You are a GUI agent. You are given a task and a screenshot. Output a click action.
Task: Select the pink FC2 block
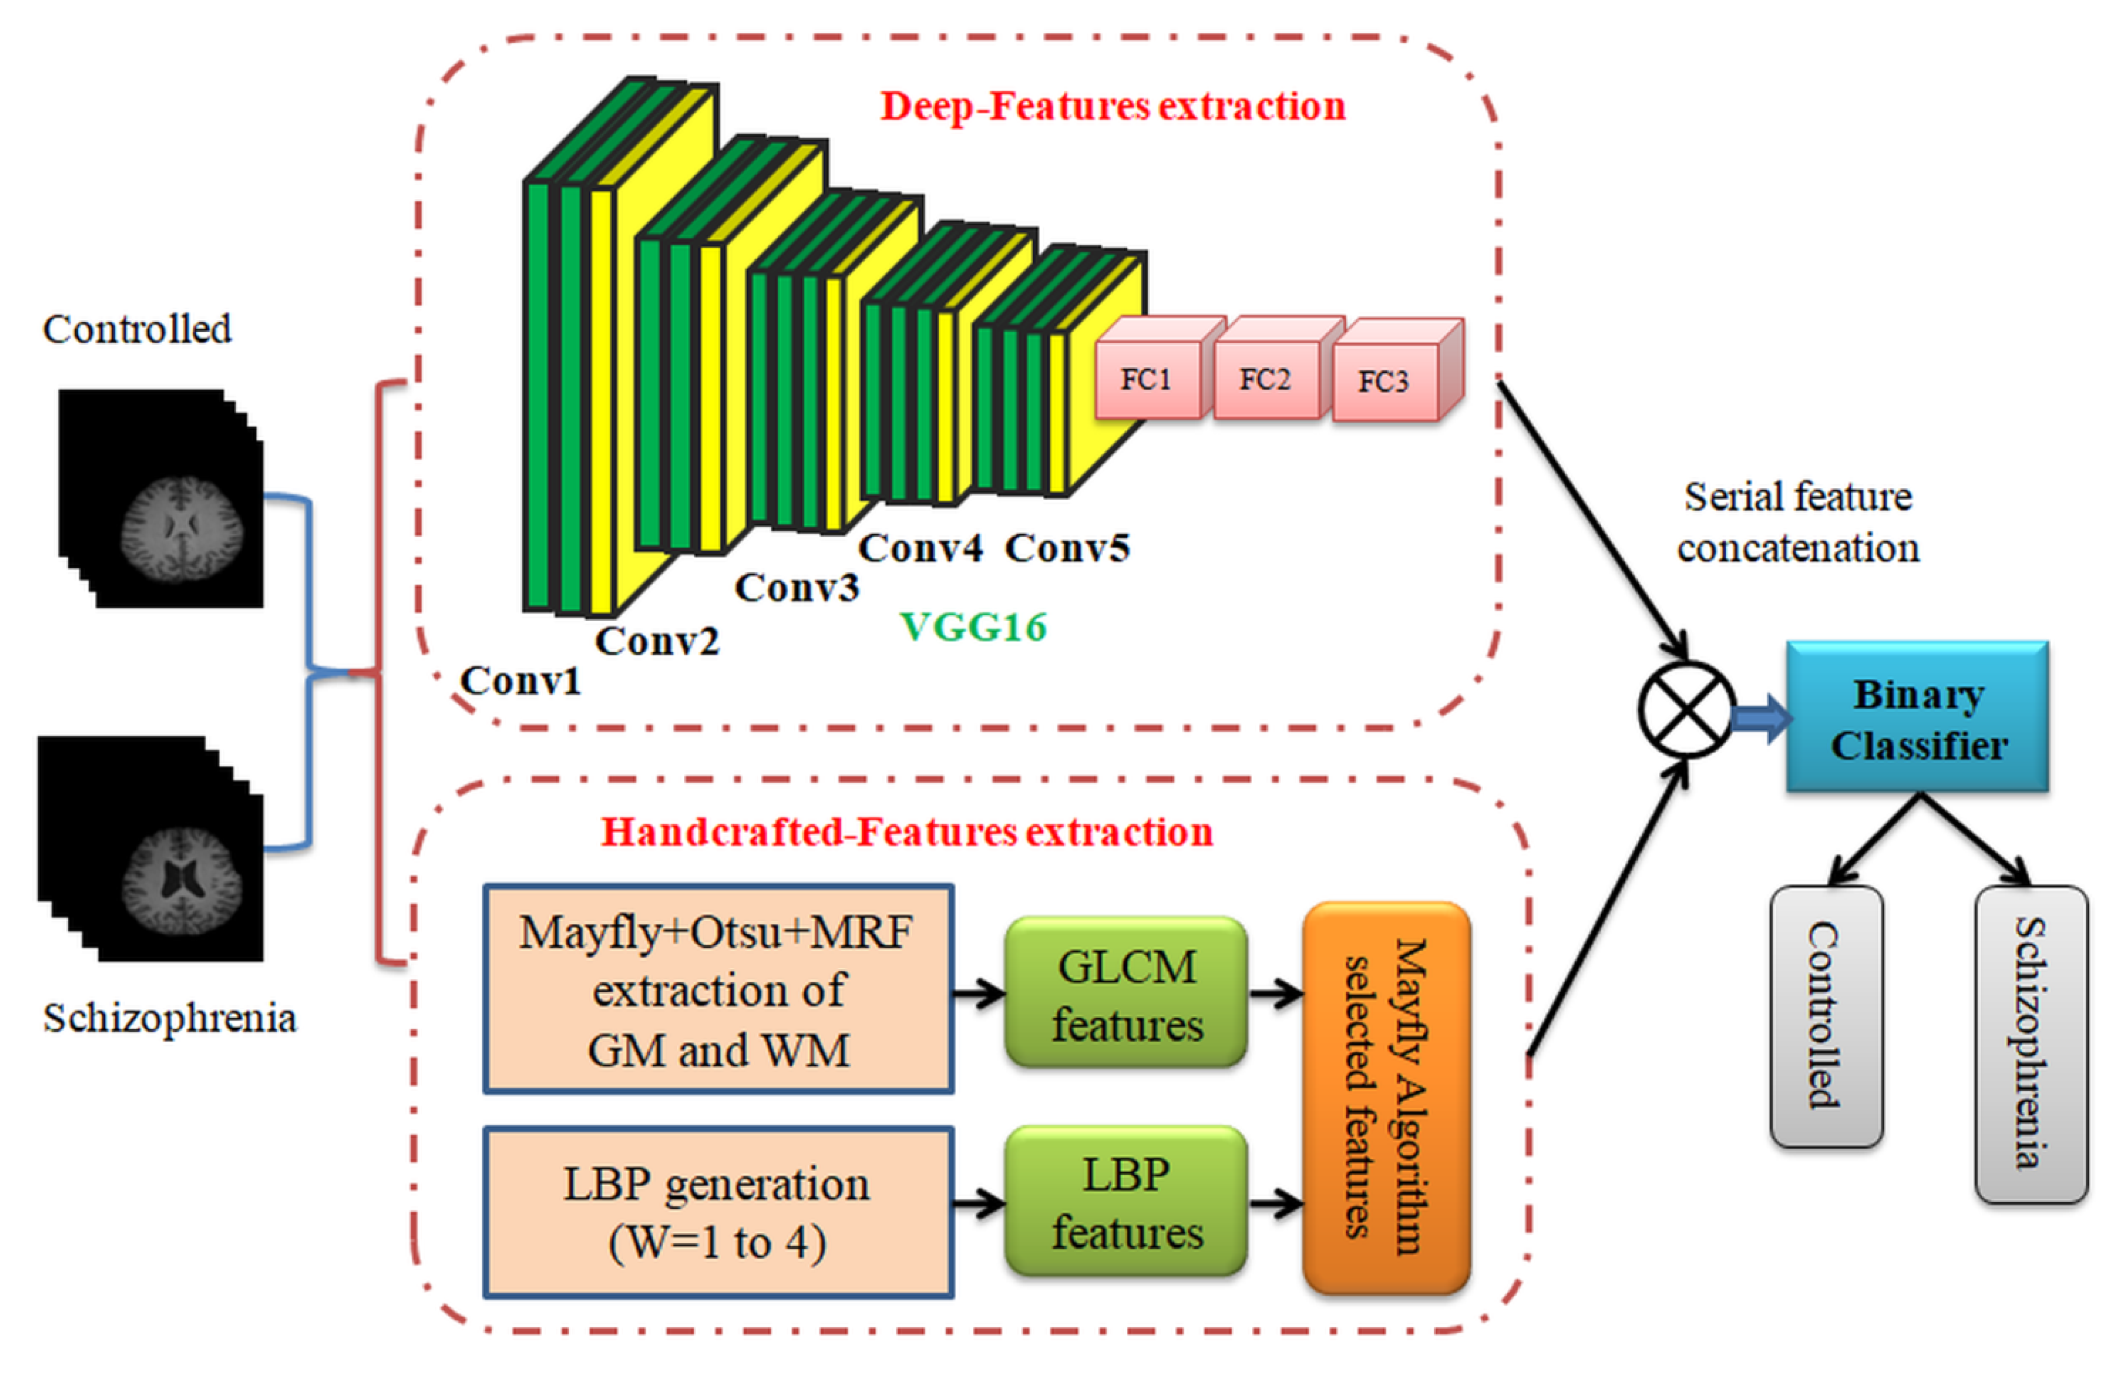pos(1265,380)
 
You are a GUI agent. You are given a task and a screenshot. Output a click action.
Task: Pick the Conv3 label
pos(797,587)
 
